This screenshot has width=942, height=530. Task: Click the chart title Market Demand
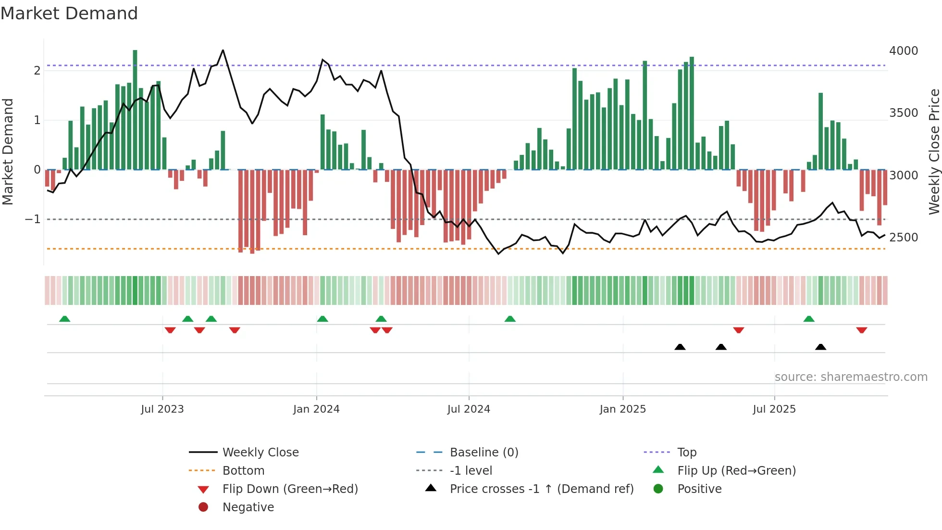pos(69,13)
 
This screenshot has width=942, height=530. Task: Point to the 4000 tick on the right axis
pos(903,51)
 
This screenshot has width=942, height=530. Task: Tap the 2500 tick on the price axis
pos(903,238)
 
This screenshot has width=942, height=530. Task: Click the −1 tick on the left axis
pos(33,219)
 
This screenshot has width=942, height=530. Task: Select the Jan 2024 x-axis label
pos(316,409)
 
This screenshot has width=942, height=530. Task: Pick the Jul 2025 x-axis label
pos(774,409)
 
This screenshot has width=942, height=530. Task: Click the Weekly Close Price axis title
pos(934,151)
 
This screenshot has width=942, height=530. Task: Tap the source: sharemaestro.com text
pos(851,377)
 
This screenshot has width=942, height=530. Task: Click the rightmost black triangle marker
pos(820,347)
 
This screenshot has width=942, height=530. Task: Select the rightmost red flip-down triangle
pos(861,330)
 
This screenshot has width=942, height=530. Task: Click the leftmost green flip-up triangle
pos(64,319)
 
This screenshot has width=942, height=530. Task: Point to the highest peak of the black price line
pos(223,50)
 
